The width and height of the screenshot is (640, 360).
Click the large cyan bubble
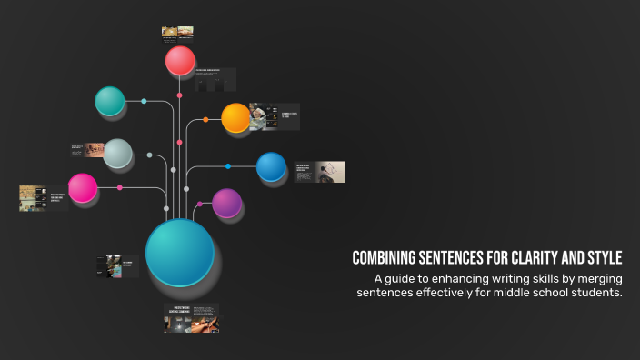(180, 252)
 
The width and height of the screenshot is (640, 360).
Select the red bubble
(180, 61)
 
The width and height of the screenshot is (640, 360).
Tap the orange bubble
(235, 117)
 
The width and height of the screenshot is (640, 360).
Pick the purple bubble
(226, 203)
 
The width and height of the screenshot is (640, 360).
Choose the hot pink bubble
(83, 188)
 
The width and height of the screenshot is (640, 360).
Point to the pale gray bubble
(117, 154)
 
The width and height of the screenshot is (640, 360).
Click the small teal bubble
(110, 101)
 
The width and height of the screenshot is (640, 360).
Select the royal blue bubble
(271, 166)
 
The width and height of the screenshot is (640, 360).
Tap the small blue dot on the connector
(228, 166)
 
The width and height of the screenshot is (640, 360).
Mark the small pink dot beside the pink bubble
(120, 188)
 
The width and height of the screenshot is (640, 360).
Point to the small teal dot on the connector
(144, 101)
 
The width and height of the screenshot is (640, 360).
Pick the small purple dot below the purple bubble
(200, 205)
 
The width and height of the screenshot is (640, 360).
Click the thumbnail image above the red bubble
(176, 33)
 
